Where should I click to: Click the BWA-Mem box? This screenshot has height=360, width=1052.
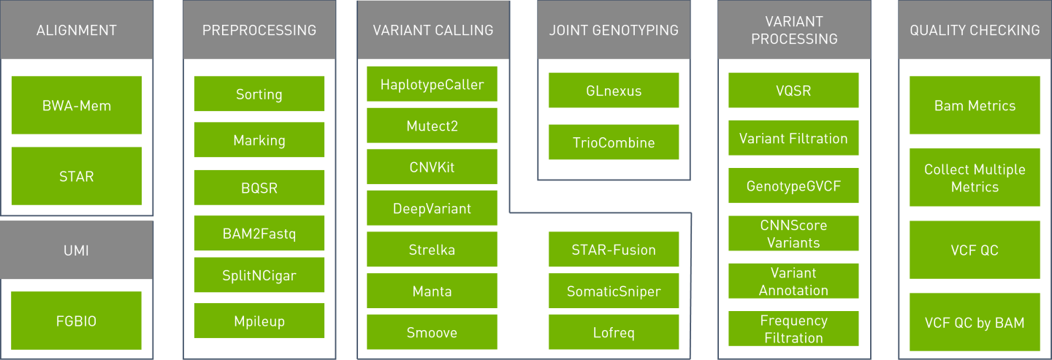coord(76,105)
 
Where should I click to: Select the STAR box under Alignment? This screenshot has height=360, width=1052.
coord(76,176)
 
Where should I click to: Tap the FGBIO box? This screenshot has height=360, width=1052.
coord(76,321)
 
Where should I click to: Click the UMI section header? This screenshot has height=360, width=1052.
coord(76,250)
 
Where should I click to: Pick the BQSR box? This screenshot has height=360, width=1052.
coord(259,188)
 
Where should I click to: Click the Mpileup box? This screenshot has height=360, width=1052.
coord(259,321)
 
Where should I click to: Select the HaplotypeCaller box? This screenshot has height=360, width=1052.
coord(432,85)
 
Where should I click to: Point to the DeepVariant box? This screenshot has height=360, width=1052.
coord(432,208)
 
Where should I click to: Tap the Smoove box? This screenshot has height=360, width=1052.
coord(432,332)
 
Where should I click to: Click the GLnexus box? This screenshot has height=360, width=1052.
coord(614,91)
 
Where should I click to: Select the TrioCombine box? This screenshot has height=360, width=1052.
coord(614,142)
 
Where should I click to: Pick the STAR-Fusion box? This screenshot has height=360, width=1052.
coord(614,250)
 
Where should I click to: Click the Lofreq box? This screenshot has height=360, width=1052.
coord(614,332)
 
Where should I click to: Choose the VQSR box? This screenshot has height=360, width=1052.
coord(793,91)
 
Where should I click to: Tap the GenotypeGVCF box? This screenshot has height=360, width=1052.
coord(793,185)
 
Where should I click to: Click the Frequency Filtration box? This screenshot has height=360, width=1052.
coord(793,329)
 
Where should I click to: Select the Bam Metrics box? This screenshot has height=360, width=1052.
coord(975,105)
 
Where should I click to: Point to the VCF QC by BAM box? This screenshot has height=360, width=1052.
coord(975,322)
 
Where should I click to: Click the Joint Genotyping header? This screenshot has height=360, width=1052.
coord(614,30)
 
